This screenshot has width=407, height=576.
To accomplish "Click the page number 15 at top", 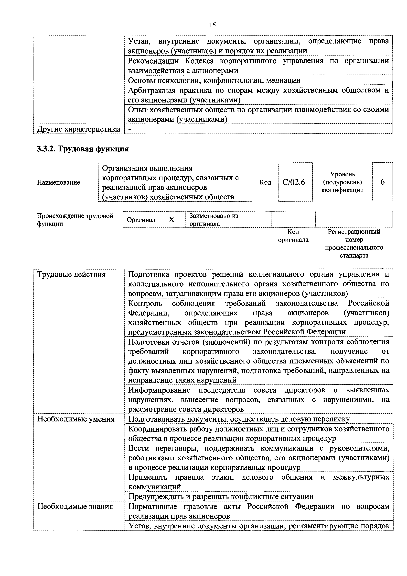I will tap(212, 25).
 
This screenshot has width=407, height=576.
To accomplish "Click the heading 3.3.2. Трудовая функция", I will tap(83, 149).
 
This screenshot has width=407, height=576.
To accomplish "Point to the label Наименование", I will tap(58, 182).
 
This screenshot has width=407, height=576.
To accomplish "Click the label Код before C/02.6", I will tap(265, 182).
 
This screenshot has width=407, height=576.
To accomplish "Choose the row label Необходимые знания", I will tap(75, 507).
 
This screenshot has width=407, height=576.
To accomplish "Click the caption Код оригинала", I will tap(293, 236).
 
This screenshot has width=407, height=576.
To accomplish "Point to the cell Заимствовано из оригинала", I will tap(214, 220).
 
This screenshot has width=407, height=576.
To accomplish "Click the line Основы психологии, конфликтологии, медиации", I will tap(214, 80).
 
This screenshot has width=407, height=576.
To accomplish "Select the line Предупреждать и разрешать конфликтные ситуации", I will tap(221, 497).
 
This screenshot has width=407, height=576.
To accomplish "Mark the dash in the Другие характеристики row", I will tap(130, 129).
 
